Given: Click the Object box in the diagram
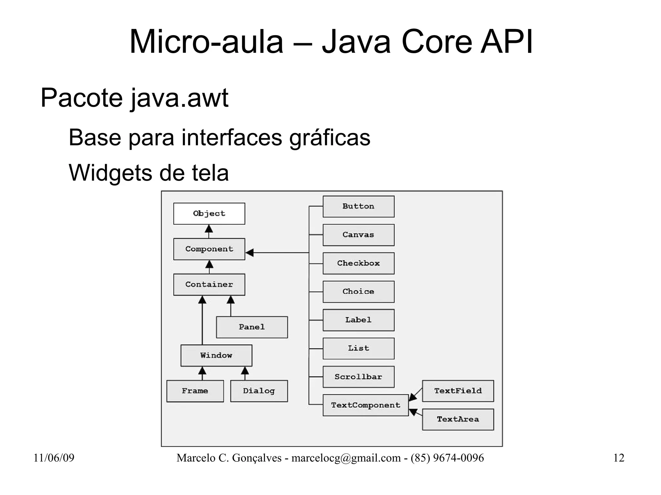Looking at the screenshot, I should pos(209,213).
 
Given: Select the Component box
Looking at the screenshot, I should pos(209,249).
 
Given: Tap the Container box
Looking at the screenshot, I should pos(209,284).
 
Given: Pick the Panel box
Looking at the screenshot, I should pos(252,327).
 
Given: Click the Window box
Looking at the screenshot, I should pos(216,355).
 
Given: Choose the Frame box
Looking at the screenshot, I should pos(195,391).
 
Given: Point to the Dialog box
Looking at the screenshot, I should pos(259,391).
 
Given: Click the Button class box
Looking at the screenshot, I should pos(358,206).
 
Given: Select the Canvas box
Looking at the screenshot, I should pos(358,235).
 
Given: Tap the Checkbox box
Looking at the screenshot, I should pos(358,263).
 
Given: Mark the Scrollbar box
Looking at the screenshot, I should pos(358,377).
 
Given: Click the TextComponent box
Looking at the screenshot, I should pos(365,405).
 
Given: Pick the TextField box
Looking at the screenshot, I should pos(458,391).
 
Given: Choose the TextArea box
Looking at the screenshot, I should pos(458,419).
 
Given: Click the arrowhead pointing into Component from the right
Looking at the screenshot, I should pos(249,252).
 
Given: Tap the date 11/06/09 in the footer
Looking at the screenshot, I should pos(54,458).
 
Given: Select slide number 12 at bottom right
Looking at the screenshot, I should pos(618,458).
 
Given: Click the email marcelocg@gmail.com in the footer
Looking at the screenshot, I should pos(346,458).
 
